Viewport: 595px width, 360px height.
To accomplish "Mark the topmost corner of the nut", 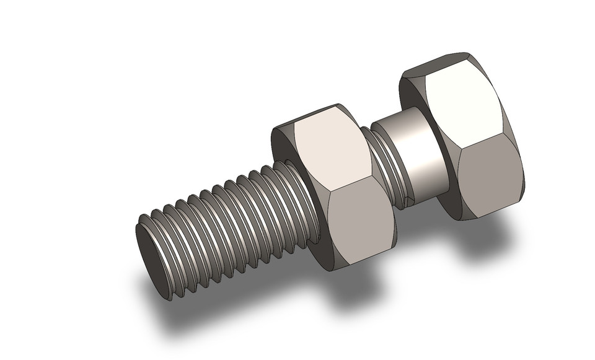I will point(335,104).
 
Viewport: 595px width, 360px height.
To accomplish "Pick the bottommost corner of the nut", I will point(335,270).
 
